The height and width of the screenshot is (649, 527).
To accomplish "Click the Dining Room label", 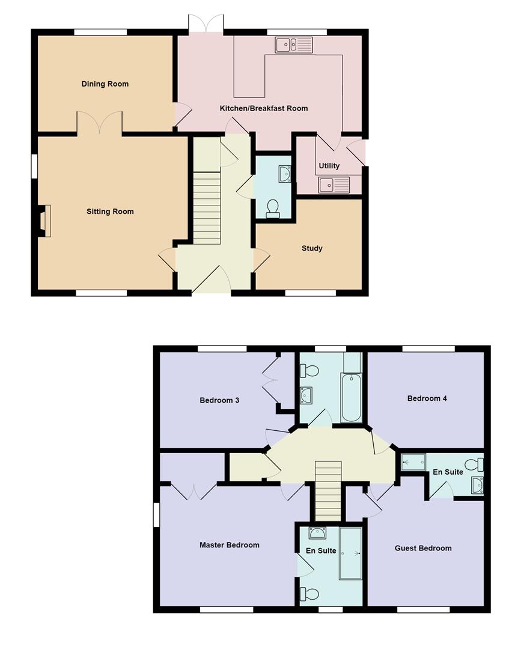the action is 105,84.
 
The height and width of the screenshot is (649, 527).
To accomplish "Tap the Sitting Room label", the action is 110,212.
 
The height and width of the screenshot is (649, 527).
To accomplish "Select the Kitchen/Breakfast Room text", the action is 264,108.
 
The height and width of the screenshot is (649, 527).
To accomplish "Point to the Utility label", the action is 329,166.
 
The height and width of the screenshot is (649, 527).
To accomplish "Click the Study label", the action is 312,248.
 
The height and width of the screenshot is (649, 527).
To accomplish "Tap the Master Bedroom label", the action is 230,545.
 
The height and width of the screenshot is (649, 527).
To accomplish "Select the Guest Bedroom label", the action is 423,548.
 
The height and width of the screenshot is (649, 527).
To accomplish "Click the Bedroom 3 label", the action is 219,400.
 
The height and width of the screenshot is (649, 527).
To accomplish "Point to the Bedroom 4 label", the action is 427,398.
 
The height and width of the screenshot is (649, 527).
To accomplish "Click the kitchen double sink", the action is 294,44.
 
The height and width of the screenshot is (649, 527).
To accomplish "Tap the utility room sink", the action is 334,184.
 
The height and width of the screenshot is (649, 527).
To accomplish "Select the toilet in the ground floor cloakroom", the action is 273,209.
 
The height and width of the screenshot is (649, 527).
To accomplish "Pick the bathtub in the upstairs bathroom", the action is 352,397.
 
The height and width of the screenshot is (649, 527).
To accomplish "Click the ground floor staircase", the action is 207,208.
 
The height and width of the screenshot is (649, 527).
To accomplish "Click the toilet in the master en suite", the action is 309,594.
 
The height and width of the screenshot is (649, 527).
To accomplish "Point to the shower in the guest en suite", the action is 413,462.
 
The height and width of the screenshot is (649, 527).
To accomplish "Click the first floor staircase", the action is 328,491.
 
